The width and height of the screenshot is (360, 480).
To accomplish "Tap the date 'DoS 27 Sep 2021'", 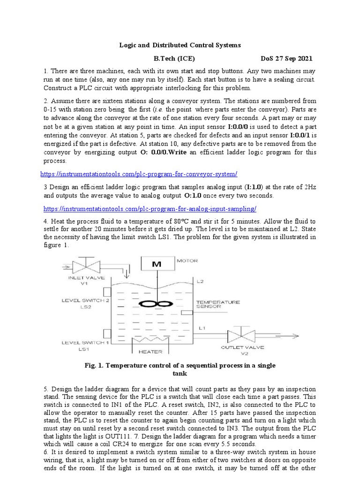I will tap(286, 59).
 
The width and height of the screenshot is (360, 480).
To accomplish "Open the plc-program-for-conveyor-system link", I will tap(140, 174).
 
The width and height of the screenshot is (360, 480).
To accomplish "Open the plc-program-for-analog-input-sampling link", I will tap(150, 209).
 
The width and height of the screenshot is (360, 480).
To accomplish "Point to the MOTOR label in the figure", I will tap(187, 261).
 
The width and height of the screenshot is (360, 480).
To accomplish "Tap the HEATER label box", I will tap(151, 351).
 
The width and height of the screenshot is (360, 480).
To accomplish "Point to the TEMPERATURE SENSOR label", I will tap(217, 305).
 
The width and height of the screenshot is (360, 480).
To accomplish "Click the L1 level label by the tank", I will tap(202, 327).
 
